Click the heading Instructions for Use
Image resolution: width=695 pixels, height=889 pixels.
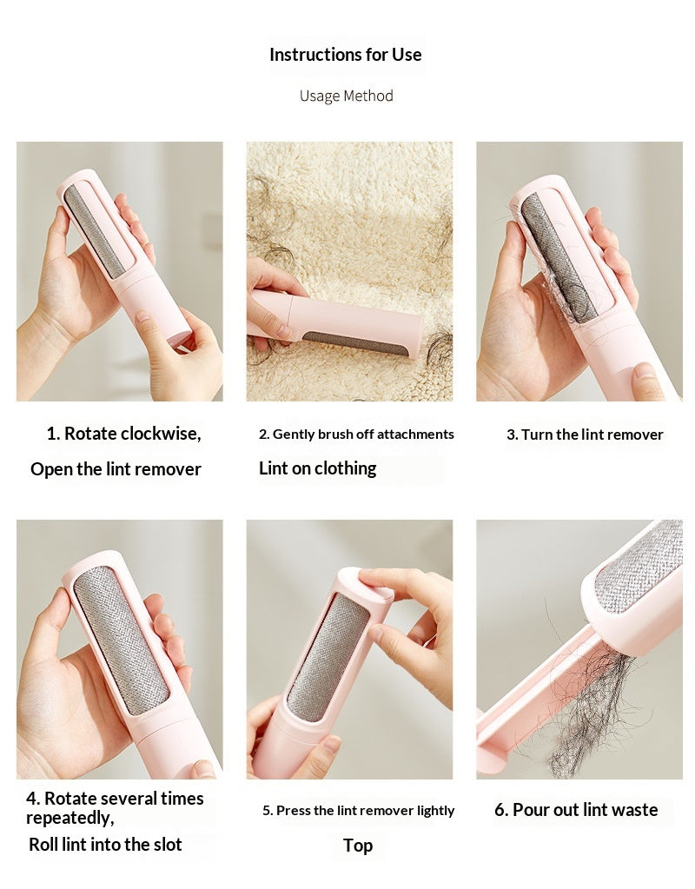pyautogui.click(x=345, y=55)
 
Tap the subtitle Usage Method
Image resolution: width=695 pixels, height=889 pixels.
pyautogui.click(x=347, y=96)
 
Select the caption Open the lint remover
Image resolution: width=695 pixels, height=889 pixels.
pyautogui.click(x=116, y=469)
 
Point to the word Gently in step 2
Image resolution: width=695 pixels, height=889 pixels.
pyautogui.click(x=293, y=435)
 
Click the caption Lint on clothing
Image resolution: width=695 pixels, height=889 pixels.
pyautogui.click(x=317, y=468)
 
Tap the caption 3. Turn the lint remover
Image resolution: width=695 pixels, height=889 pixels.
pyautogui.click(x=585, y=435)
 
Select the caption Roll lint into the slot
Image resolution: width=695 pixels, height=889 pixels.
pyautogui.click(x=105, y=844)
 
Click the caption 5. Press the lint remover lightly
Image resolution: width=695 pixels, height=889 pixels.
pyautogui.click(x=358, y=811)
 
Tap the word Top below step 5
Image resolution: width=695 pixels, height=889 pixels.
pyautogui.click(x=358, y=846)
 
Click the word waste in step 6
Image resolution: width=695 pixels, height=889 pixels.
pyautogui.click(x=633, y=810)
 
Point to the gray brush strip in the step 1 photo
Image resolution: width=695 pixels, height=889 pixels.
pyautogui.click(x=94, y=231)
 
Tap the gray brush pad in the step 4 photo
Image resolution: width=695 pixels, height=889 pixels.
pyautogui.click(x=122, y=640)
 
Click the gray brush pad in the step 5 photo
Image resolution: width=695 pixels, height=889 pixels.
pyautogui.click(x=328, y=657)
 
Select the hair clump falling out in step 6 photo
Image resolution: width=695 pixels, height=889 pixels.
pyautogui.click(x=592, y=706)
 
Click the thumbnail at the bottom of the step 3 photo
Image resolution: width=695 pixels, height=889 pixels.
pyautogui.click(x=646, y=371)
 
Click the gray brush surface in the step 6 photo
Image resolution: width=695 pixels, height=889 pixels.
pyautogui.click(x=640, y=564)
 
